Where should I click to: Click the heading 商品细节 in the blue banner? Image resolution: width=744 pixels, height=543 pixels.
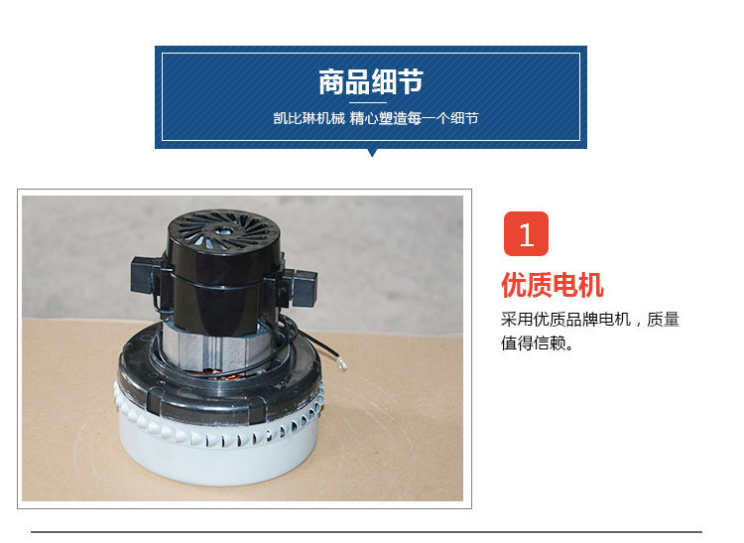[x=371, y=81]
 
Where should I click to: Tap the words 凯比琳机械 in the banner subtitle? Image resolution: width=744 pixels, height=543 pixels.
[x=309, y=118]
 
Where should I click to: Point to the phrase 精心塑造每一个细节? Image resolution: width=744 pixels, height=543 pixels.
[x=414, y=118]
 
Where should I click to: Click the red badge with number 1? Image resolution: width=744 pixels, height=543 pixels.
[x=526, y=233]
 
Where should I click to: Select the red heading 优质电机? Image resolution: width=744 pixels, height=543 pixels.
[x=552, y=285]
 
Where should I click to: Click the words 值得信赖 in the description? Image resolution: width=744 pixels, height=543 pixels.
[x=534, y=342]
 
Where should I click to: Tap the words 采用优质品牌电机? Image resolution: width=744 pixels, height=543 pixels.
[x=565, y=320]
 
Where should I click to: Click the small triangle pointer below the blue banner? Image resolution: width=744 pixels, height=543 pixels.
[x=372, y=152]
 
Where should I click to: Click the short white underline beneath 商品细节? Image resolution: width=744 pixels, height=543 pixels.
[x=368, y=102]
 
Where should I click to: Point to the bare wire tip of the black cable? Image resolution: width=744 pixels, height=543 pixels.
[x=342, y=364]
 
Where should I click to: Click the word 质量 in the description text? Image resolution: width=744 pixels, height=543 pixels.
[x=663, y=320]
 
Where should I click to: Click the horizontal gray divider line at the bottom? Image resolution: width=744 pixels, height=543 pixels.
[x=366, y=532]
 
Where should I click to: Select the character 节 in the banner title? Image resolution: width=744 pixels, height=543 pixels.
[x=411, y=81]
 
